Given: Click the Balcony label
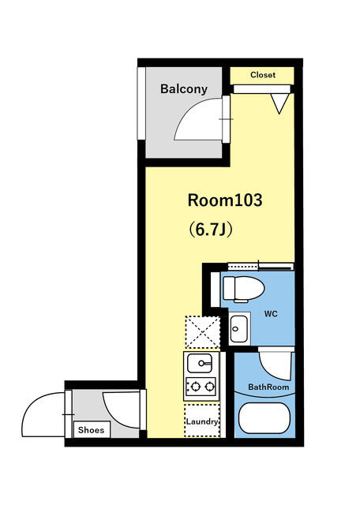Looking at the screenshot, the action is [184, 88].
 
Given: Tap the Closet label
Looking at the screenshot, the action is [263, 75].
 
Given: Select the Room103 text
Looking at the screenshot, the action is [225, 200].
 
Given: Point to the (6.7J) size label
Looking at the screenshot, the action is [211, 230].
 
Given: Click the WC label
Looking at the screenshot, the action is [271, 314].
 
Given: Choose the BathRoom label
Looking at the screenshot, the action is [268, 387].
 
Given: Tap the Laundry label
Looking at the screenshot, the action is [202, 421].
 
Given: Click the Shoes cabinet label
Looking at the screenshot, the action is [92, 430].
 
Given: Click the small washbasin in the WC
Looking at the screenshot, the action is [239, 329].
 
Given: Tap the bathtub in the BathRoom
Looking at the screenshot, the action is [264, 418].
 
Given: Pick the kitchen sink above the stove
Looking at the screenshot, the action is [200, 363].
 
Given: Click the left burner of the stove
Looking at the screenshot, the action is [194, 386].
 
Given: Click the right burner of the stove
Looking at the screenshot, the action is [210, 386].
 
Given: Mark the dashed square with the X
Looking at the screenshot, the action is [202, 332].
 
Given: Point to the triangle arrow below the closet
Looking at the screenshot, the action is [279, 103].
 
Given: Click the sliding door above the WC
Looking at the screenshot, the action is [261, 267].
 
